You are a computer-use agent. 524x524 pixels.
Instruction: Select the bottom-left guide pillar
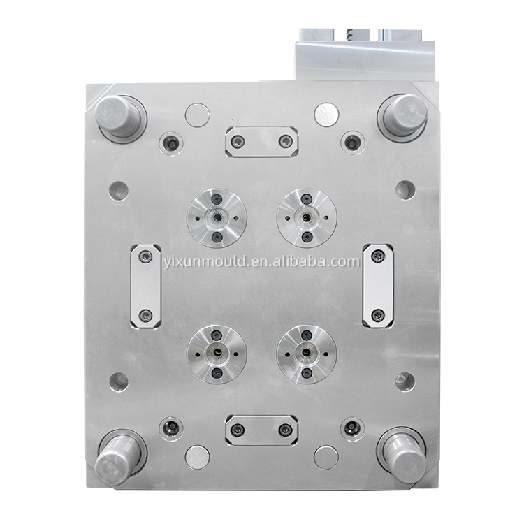click(119, 456)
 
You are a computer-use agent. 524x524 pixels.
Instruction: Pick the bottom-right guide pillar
click(402, 455)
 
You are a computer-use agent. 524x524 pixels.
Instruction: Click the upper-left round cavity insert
click(217, 218)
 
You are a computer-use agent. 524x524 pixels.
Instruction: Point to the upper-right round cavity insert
click(307, 218)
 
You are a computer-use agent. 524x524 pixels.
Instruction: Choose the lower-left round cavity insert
click(217, 354)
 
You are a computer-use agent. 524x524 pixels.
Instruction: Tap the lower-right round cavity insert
click(307, 354)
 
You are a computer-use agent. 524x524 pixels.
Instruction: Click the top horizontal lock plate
click(262, 142)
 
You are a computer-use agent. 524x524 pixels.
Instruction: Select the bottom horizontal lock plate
click(262, 430)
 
